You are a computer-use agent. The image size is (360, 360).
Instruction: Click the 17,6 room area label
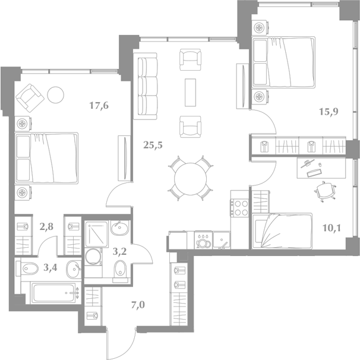(99, 106)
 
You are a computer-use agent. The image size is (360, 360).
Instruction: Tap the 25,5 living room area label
(153, 145)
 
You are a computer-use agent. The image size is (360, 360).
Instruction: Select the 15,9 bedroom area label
(329, 112)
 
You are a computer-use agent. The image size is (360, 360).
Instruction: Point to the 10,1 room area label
(331, 228)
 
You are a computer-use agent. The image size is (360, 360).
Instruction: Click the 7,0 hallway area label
(138, 305)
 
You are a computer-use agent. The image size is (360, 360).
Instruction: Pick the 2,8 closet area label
(46, 227)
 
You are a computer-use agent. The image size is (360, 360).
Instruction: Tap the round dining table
(190, 179)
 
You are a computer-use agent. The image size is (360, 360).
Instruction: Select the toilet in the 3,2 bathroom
(120, 268)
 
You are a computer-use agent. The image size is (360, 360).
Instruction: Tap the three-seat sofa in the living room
(146, 86)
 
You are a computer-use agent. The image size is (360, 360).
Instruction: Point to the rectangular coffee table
(190, 93)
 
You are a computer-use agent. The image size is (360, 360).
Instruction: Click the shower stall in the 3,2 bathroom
(96, 234)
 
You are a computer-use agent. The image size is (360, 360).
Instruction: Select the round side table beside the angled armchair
(56, 95)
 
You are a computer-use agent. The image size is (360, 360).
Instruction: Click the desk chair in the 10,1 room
(324, 191)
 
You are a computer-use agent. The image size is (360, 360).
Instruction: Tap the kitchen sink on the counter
(222, 240)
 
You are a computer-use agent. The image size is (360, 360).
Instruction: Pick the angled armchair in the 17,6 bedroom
(30, 98)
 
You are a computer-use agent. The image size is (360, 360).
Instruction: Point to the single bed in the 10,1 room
(282, 230)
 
